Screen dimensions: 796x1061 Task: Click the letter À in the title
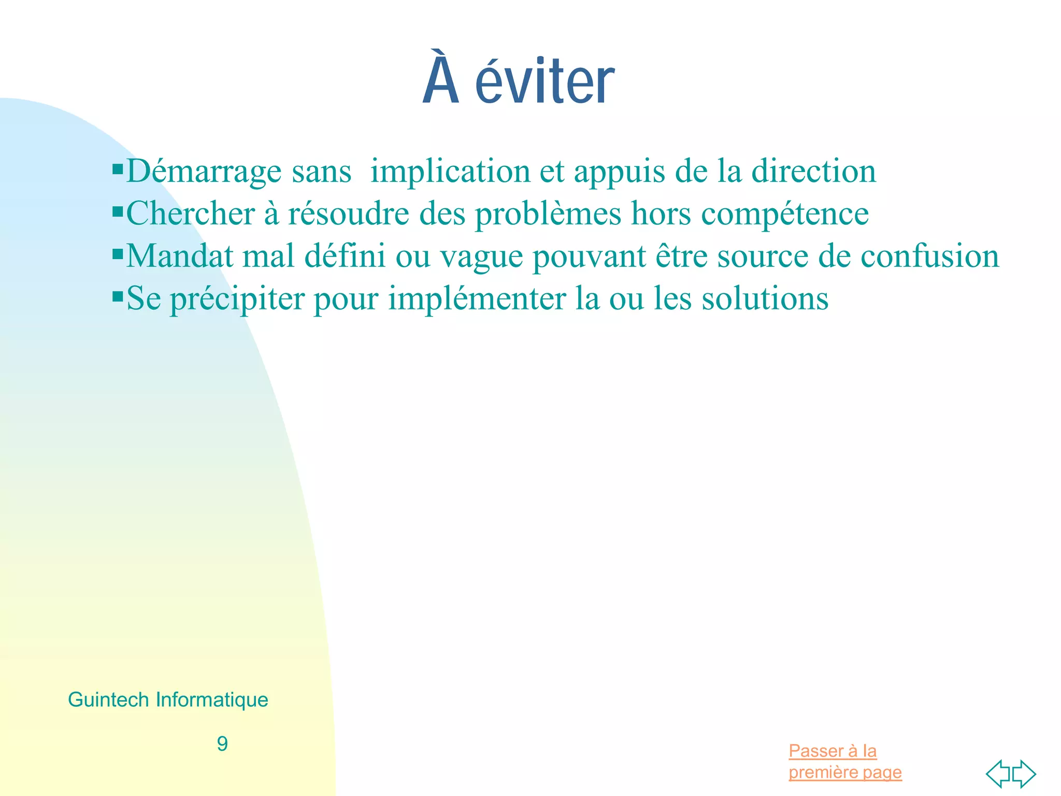tap(441, 78)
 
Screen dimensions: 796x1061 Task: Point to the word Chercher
tap(191, 213)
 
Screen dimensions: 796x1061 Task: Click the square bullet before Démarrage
tap(118, 169)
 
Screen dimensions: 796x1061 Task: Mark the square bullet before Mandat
tap(118, 254)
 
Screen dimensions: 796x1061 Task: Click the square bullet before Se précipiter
tap(118, 296)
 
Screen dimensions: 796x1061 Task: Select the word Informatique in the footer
tap(212, 700)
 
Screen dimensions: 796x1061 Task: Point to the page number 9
tap(222, 744)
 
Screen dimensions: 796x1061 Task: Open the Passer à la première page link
tap(844, 761)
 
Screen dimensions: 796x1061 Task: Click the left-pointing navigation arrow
tap(998, 774)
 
